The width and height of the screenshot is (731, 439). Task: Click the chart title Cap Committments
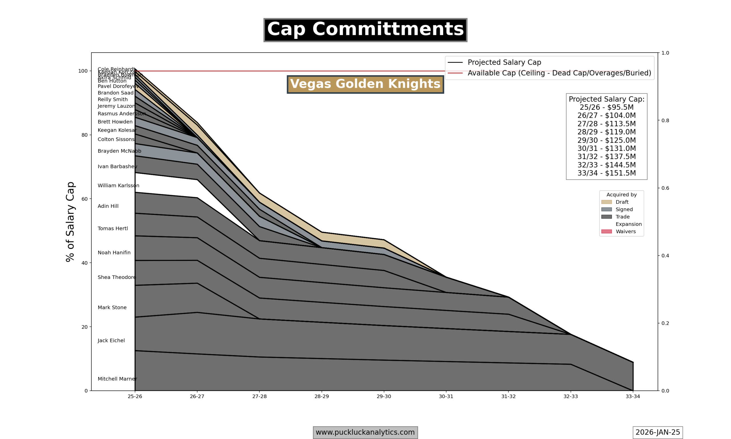tap(365, 30)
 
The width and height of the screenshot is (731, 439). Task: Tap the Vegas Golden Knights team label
tap(365, 84)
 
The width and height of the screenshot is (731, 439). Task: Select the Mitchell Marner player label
tap(117, 379)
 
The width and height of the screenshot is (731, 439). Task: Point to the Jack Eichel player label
tap(111, 340)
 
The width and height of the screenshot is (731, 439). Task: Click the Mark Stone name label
tap(112, 308)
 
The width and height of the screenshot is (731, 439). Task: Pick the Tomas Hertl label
tap(113, 229)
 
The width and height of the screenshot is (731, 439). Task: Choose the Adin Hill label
tap(108, 206)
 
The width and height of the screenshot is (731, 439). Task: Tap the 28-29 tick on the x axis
tap(322, 397)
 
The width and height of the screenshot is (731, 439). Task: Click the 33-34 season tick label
tap(632, 397)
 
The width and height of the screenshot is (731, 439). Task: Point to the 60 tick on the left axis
tap(85, 199)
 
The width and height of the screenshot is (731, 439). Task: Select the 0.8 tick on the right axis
tap(665, 121)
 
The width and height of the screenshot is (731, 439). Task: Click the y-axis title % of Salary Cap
tap(70, 222)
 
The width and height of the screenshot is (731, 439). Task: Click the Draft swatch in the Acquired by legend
tap(606, 202)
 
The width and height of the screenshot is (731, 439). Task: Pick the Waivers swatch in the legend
tap(606, 232)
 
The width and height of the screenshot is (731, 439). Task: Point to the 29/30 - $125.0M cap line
tap(606, 141)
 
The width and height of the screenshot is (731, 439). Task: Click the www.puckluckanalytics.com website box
tap(365, 432)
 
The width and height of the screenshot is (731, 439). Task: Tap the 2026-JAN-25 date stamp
tap(657, 432)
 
